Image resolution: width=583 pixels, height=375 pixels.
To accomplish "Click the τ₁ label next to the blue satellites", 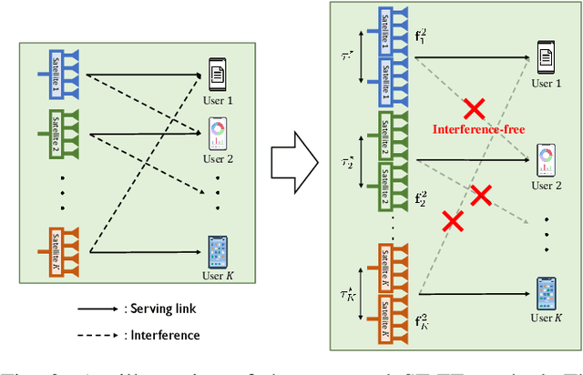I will point(347,55).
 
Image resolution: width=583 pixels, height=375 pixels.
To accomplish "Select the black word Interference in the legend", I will point(165,335).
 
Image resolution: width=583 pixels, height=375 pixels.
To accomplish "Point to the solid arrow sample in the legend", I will point(97,309).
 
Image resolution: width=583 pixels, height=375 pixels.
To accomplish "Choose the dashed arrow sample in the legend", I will point(97,336).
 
